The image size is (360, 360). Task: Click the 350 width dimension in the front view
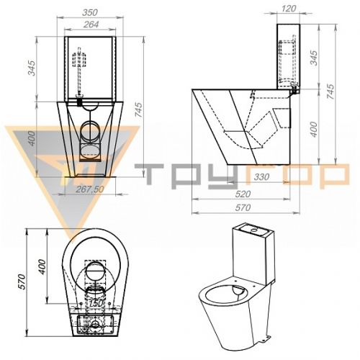point(90,12)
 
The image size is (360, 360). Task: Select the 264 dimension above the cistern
point(91,24)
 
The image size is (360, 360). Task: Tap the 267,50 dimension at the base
point(90,189)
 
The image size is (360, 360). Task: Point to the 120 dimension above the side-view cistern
point(288,9)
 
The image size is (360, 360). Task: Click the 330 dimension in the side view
point(261,177)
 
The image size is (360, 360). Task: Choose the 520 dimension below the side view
point(243,194)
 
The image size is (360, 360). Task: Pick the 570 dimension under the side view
point(243,207)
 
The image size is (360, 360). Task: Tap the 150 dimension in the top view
point(96,303)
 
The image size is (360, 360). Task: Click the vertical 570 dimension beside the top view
point(22,282)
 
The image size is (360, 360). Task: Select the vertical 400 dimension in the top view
point(42,266)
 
